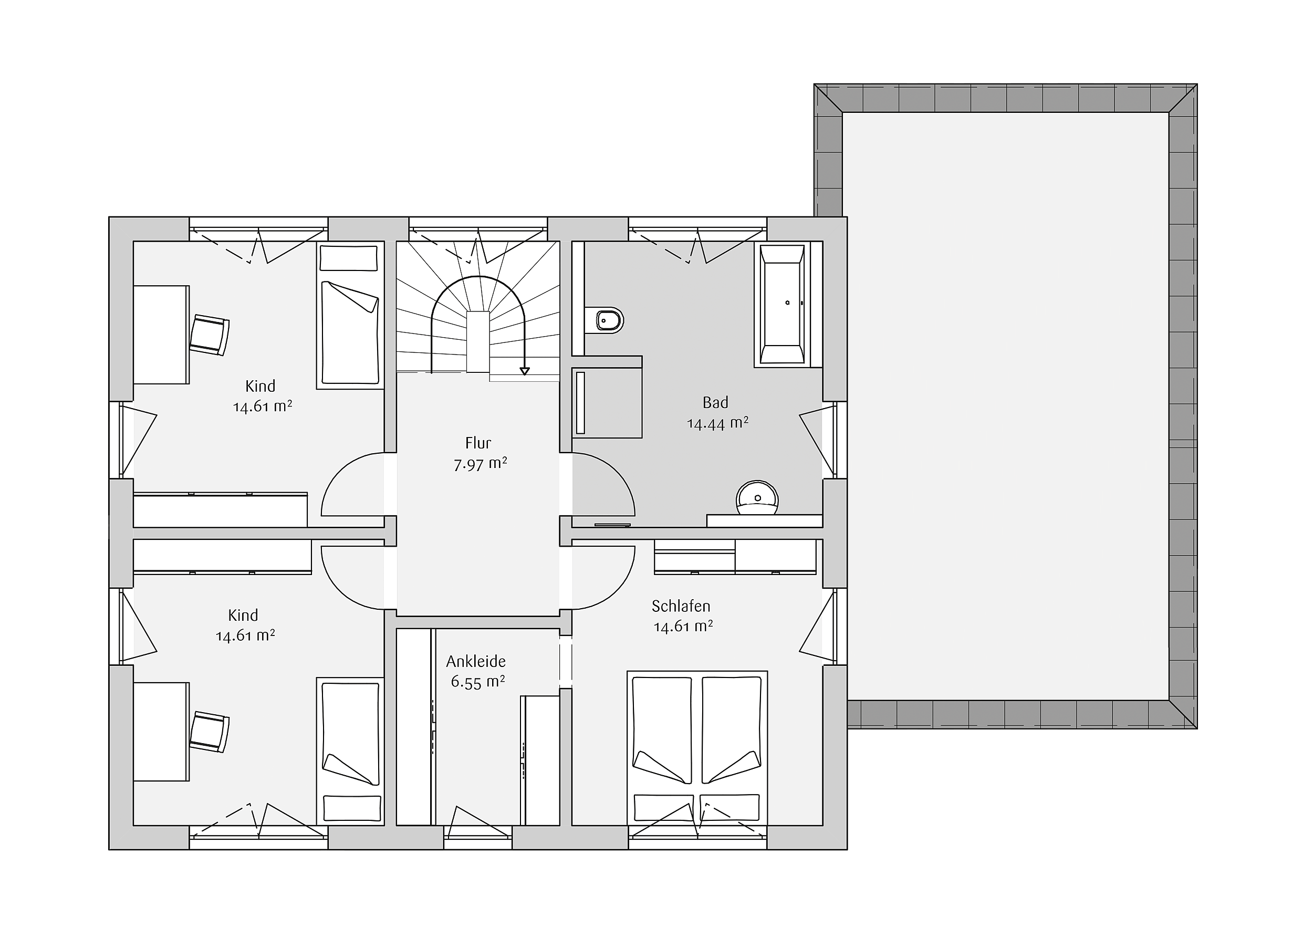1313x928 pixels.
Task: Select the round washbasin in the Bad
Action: pos(757,497)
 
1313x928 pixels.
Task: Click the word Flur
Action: pos(478,443)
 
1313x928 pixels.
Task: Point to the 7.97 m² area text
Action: pos(481,464)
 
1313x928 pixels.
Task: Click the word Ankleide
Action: pos(476,662)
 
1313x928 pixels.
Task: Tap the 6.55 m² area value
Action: pos(478,682)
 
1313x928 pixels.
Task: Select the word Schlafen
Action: pos(681,606)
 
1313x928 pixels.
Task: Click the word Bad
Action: pos(715,402)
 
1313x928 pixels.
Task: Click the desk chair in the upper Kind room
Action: pos(210,335)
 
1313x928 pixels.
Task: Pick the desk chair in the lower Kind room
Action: pos(210,732)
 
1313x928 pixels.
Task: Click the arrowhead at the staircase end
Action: pos(524,372)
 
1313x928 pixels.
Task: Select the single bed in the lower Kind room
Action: pos(350,752)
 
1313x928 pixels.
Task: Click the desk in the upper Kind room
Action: pos(161,335)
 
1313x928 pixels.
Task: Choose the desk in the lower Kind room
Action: pos(161,732)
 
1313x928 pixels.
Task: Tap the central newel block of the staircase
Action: pos(478,342)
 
